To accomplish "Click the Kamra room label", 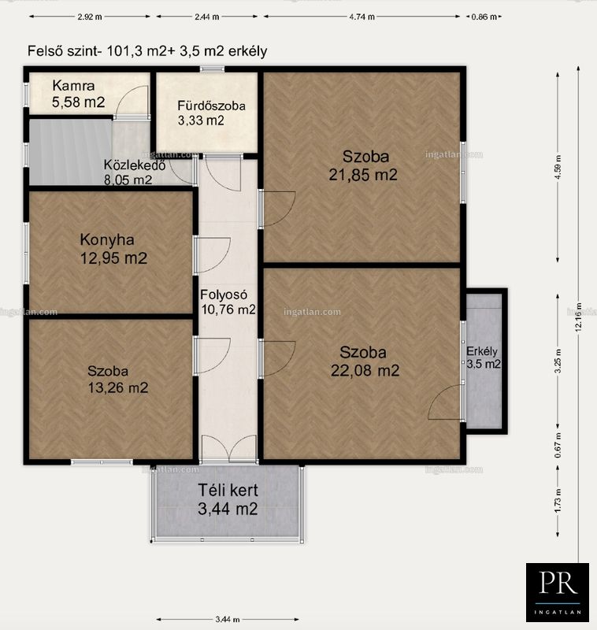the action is coord(73,86).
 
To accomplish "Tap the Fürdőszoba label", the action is coord(211,106).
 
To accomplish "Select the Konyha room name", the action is coord(107,240).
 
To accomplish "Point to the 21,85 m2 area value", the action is coord(363,175).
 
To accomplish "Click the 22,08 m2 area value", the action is coord(365,370).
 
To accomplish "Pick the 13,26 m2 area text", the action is coord(117,387).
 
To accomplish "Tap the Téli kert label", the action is coord(228,490).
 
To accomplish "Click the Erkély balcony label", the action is coord(482,351).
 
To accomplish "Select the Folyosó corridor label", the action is coord(224,295).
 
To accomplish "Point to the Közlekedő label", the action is coord(135,165).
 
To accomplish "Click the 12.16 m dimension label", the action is coord(579,317).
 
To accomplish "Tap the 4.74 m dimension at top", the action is coord(362,17).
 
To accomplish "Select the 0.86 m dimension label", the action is coord(484,17).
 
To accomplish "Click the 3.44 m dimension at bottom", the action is coord(228,620).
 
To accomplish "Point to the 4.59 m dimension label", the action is coord(558,168).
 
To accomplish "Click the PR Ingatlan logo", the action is coord(558,592).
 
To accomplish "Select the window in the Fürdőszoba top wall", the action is coord(212,69).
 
